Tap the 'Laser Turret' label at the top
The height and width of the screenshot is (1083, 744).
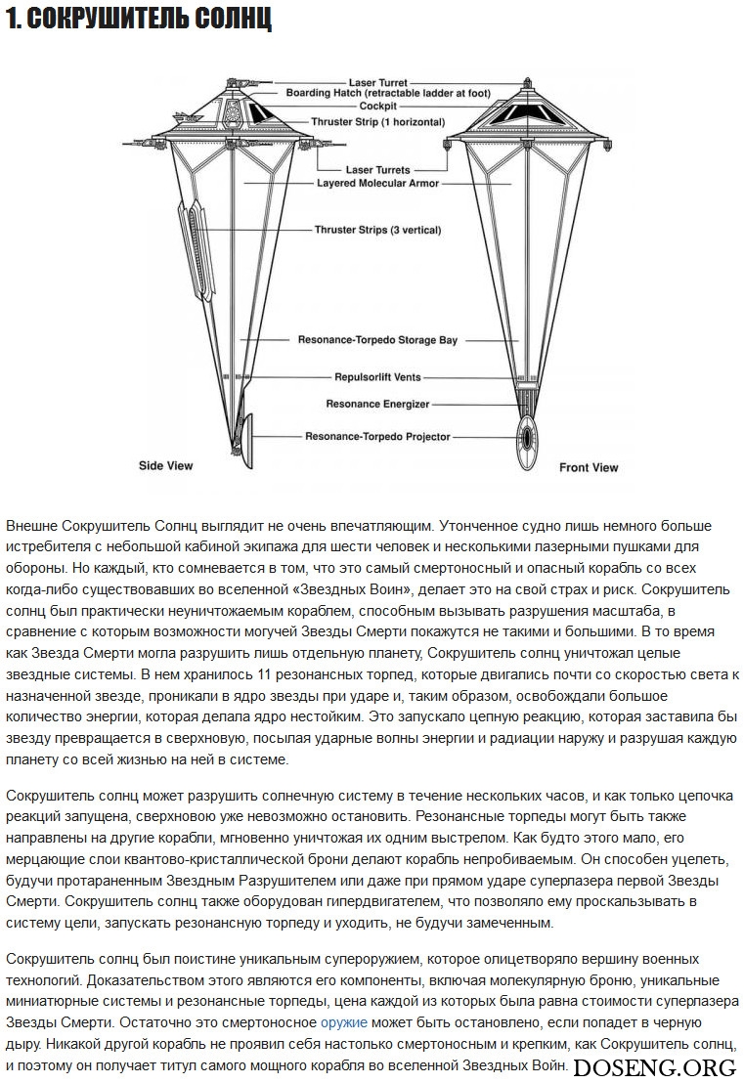(x=377, y=83)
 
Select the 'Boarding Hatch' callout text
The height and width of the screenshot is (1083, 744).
(x=373, y=94)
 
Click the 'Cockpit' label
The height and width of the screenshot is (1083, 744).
(x=377, y=106)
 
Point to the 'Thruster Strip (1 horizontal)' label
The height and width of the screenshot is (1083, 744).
(x=377, y=122)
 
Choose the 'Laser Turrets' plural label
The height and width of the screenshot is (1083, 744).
(x=377, y=170)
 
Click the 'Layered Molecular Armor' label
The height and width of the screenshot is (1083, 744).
(x=377, y=183)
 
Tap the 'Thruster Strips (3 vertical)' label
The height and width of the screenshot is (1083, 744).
(x=377, y=230)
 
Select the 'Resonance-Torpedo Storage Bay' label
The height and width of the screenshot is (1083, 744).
(x=377, y=340)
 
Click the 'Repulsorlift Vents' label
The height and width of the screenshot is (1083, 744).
(x=377, y=375)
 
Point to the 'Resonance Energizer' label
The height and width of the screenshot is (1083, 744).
(x=377, y=404)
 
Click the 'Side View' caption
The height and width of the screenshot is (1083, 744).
(x=165, y=466)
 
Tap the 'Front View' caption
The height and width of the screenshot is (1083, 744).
(x=589, y=468)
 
